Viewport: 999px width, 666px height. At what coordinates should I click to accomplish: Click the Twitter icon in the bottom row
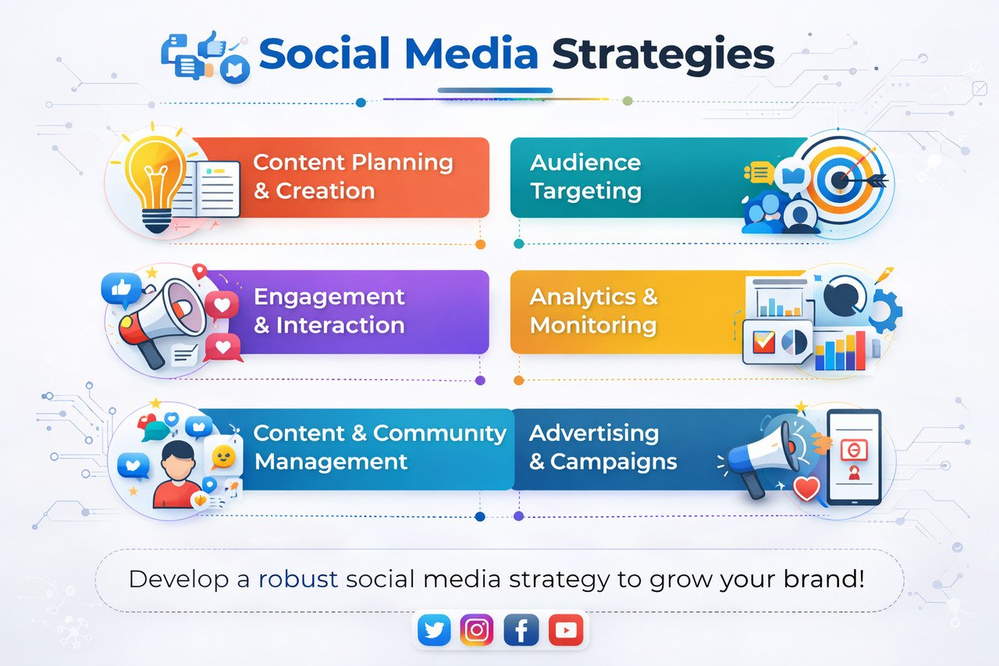point(434,630)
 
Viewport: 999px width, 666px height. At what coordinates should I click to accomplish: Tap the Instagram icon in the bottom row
point(477,630)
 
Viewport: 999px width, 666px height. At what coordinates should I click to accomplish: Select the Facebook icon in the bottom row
point(521,630)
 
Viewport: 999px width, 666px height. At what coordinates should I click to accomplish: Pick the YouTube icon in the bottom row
point(565,630)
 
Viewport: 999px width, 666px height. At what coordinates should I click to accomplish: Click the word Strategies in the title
point(663,55)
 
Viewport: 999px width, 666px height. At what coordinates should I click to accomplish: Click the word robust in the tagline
point(297,579)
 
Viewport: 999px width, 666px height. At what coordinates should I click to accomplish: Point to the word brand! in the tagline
point(823,579)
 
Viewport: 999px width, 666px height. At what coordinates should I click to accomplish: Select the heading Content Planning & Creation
point(353,176)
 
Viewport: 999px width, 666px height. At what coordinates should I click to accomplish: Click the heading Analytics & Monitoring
point(593,311)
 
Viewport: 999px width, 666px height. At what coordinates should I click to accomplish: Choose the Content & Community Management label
point(380,447)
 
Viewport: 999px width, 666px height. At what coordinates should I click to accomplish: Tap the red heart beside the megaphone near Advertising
point(805,489)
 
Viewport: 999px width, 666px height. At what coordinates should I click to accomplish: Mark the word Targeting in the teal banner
point(585,191)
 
